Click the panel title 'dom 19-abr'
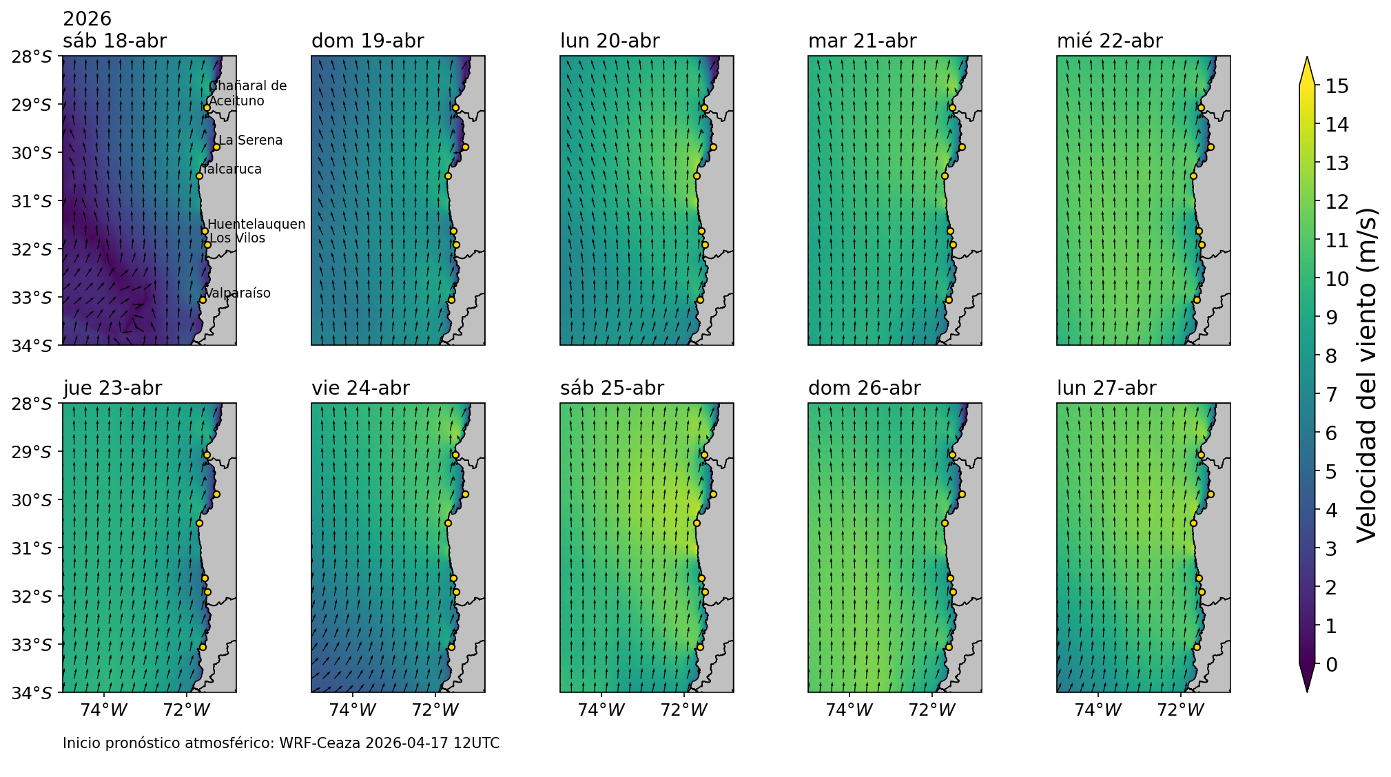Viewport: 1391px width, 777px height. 367,41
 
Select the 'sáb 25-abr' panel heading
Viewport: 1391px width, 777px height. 612,388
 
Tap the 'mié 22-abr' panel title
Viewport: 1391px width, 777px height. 1109,41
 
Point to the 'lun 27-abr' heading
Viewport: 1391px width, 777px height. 1106,388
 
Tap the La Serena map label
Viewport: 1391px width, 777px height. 250,141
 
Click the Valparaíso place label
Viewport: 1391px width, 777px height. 238,293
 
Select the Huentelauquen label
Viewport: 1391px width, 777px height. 256,225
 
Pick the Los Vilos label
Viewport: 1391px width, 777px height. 237,238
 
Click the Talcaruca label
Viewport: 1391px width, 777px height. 233,169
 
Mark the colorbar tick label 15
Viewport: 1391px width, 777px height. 1336,86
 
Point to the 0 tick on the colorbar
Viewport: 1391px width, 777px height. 1331,665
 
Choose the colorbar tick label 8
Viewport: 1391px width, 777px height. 1331,356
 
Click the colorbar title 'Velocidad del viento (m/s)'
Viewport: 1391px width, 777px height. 1366,375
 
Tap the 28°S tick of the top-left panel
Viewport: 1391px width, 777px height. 32,56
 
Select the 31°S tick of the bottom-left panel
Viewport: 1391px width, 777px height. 32,548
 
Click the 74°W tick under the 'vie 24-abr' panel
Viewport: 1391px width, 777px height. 353,710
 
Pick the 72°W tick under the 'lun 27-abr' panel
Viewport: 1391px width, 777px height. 1181,710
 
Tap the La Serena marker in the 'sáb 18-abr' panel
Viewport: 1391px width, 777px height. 216,147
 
